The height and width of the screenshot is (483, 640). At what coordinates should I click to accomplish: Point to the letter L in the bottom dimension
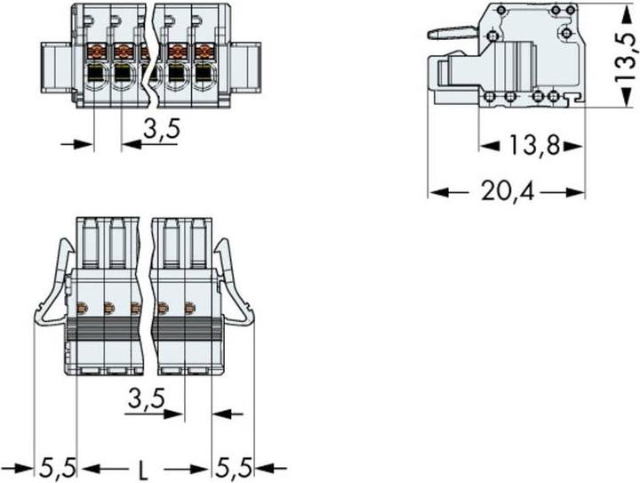[145, 465]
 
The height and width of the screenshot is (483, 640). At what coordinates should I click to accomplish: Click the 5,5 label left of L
[57, 465]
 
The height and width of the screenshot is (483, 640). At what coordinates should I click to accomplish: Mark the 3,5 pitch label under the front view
[161, 131]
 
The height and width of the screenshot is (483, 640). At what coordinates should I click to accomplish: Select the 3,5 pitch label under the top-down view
[145, 399]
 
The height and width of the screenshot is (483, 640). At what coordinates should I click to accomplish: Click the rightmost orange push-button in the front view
[204, 50]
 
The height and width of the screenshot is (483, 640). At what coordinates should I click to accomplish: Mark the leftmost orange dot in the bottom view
[81, 309]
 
